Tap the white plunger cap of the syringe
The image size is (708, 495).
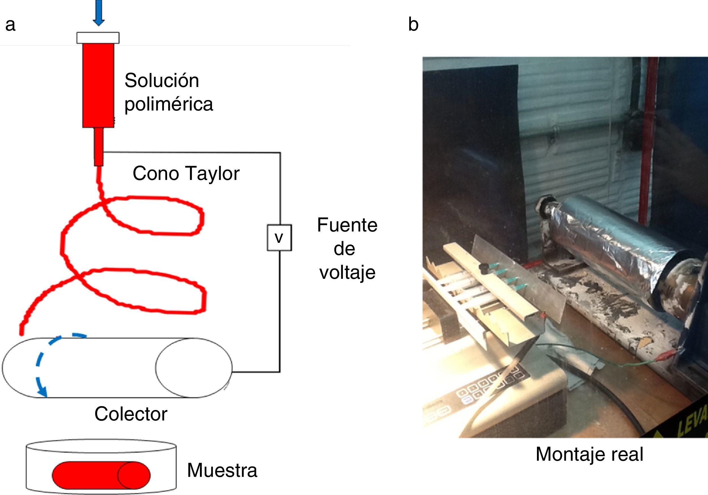pyautogui.click(x=98, y=38)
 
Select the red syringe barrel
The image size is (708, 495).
pyautogui.click(x=98, y=85)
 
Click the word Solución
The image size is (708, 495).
pyautogui.click(x=162, y=80)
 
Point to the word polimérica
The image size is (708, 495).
pyautogui.click(x=169, y=104)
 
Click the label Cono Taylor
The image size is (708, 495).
pyautogui.click(x=186, y=173)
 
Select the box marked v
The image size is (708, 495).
pyautogui.click(x=279, y=237)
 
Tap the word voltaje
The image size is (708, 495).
pyautogui.click(x=347, y=273)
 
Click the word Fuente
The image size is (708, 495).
pyautogui.click(x=347, y=225)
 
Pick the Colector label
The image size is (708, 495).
pyautogui.click(x=131, y=414)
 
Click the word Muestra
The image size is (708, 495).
pyautogui.click(x=222, y=470)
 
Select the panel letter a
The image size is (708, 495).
pyautogui.click(x=10, y=25)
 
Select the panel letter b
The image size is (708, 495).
pyautogui.click(x=413, y=25)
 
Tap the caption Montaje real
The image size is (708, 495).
pyautogui.click(x=589, y=454)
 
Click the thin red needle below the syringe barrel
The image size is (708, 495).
pyautogui.click(x=99, y=147)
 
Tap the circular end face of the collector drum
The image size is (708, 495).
pyautogui.click(x=194, y=367)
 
